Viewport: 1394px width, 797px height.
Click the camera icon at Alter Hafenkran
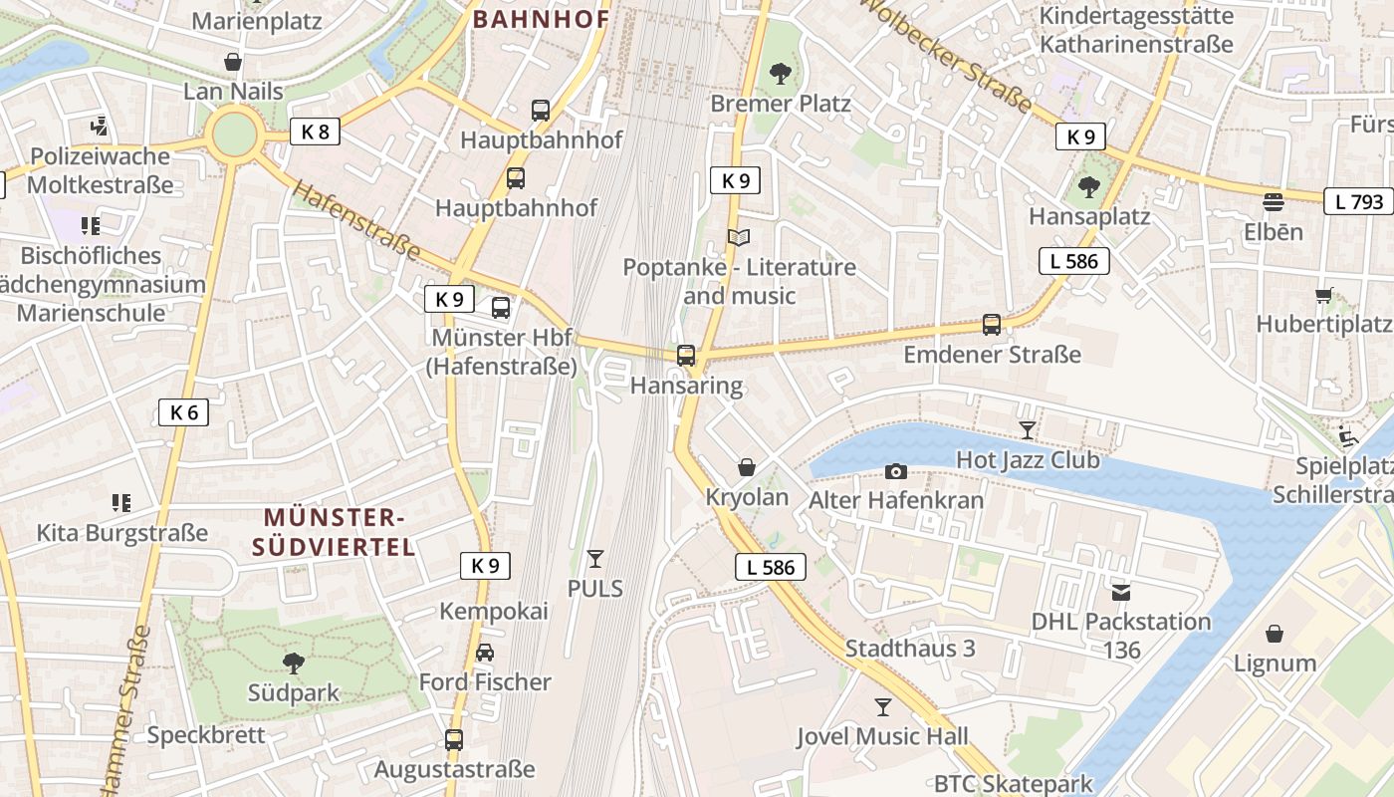click(896, 471)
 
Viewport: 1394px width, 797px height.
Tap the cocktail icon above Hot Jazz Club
click(1028, 430)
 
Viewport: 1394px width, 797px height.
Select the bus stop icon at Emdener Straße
click(992, 324)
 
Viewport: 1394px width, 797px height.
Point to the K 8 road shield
click(315, 132)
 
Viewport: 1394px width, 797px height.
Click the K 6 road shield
click(184, 412)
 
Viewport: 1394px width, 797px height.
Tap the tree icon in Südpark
click(294, 664)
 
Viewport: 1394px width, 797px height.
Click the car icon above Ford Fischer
click(485, 653)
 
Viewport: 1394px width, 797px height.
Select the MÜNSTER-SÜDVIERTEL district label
click(333, 532)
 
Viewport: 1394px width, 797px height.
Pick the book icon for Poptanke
click(739, 237)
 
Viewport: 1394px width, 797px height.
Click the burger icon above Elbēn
click(1273, 202)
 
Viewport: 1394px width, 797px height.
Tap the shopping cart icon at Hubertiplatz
click(1323, 295)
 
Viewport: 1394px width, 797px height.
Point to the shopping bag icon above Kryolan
click(747, 467)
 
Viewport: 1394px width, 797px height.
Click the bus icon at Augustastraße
click(454, 739)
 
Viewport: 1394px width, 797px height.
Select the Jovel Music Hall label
click(882, 737)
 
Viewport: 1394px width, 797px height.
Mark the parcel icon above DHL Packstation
click(1121, 592)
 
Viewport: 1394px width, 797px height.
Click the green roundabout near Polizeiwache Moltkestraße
click(235, 135)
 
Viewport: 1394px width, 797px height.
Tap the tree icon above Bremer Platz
click(781, 73)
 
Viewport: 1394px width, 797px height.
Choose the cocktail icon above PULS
click(595, 559)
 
